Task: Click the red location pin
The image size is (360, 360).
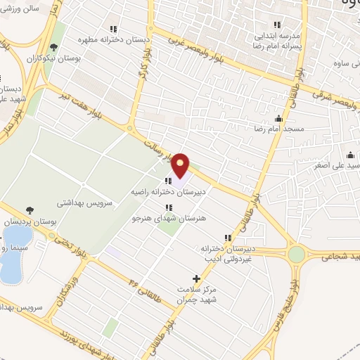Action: coord(181,165)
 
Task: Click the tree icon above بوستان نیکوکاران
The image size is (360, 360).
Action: coord(53,48)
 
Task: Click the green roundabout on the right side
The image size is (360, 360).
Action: coord(296,254)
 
